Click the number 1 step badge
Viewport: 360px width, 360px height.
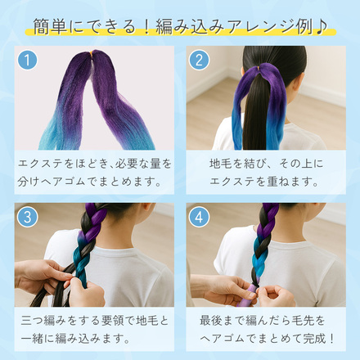coord(27,60)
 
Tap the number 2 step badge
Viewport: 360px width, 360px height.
coord(199,60)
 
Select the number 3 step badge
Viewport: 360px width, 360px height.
coord(27,217)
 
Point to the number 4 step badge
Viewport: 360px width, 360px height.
coord(199,217)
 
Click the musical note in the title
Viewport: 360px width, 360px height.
coord(321,27)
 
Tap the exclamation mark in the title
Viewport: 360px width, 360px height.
coord(146,27)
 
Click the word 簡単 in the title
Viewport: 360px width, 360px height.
coord(50,27)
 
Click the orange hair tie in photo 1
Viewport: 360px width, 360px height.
coord(92,53)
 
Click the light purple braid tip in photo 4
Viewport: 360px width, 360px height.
coord(250,295)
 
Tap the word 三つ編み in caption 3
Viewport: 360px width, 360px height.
coord(43,321)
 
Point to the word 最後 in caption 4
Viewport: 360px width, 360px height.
coord(211,321)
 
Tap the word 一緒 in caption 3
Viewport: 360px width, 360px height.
coord(32,339)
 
